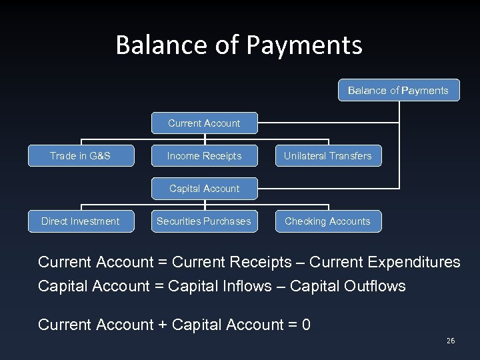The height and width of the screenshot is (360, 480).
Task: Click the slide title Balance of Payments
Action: [x=239, y=45]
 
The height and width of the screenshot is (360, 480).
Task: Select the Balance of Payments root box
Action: [x=398, y=91]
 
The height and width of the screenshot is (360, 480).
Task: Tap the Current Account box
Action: [x=204, y=123]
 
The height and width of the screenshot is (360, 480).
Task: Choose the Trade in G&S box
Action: [x=81, y=156]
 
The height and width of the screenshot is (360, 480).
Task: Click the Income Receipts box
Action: [x=204, y=156]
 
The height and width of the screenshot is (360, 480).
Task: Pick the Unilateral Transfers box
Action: [x=328, y=156]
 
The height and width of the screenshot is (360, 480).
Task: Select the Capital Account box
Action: [x=204, y=189]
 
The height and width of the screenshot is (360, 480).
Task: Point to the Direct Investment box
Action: [x=81, y=221]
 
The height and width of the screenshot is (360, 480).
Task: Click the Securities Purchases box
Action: [x=204, y=221]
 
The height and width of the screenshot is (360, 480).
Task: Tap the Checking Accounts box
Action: [x=328, y=221]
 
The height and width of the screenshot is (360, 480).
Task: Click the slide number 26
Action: [x=451, y=341]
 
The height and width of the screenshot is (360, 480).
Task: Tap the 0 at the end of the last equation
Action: [x=306, y=325]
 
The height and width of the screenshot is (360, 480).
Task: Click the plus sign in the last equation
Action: [x=163, y=325]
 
